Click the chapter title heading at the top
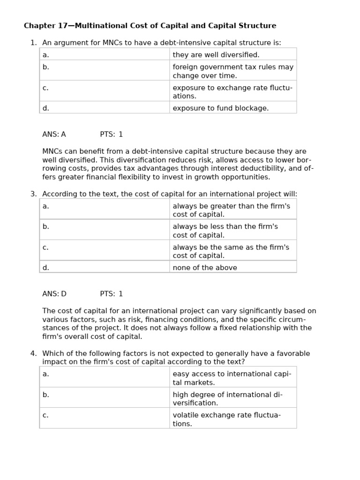click(150, 26)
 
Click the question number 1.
click(33, 43)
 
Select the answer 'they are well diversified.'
click(216, 55)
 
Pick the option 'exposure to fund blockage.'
click(220, 108)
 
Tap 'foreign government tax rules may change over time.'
click(232, 71)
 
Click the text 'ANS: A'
click(54, 135)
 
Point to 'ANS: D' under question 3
click(54, 294)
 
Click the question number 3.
click(33, 194)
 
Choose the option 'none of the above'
click(204, 268)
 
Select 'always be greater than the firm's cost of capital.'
click(231, 210)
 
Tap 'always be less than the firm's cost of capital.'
click(225, 231)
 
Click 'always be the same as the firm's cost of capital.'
click(231, 251)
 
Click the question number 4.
click(33, 353)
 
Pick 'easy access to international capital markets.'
click(232, 378)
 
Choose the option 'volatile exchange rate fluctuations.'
click(226, 419)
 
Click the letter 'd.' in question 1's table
click(45, 108)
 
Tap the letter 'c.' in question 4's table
click(45, 415)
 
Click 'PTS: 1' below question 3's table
click(111, 294)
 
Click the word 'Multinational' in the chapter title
click(99, 26)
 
